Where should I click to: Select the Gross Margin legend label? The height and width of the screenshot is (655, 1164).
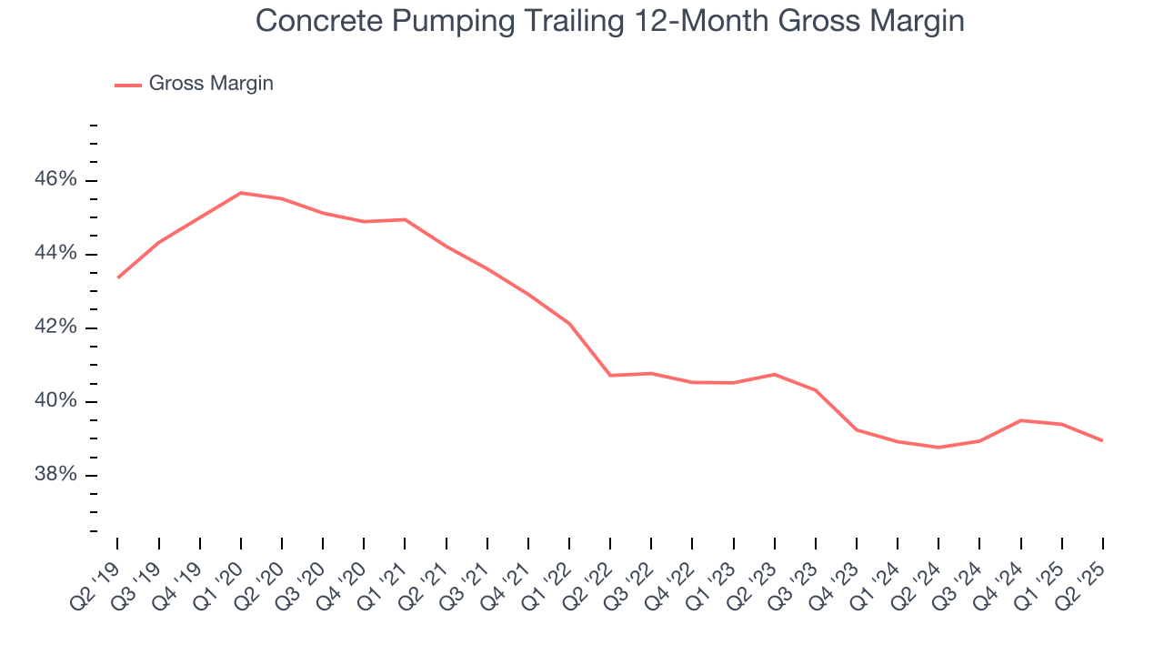point(211,84)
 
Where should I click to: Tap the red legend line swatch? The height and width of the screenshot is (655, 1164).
point(128,85)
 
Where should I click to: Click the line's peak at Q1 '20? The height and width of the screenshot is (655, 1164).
point(240,193)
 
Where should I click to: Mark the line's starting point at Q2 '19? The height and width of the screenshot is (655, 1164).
point(117,277)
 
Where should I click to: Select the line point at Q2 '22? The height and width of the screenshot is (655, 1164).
point(609,376)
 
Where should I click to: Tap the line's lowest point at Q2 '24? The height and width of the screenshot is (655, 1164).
point(938,448)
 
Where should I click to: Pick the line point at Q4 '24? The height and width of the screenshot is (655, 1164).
point(1020,420)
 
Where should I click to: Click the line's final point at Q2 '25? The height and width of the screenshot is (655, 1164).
point(1102,441)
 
